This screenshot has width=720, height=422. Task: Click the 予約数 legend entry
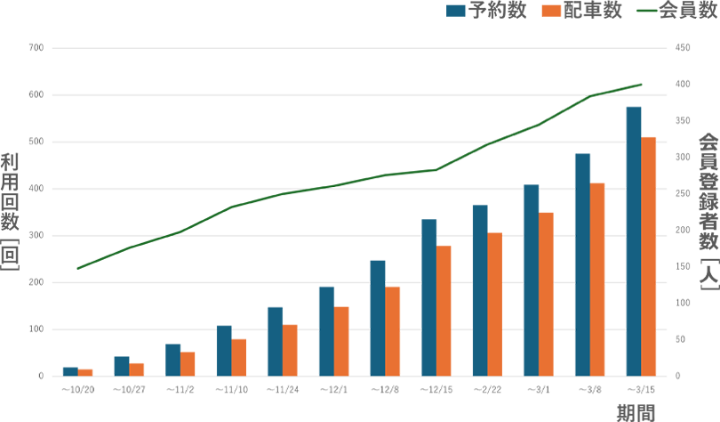(486, 12)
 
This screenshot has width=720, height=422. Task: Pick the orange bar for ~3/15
(649, 256)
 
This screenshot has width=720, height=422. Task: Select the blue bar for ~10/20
(69, 371)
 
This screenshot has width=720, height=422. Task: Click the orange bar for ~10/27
(136, 369)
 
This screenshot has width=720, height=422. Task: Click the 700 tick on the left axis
(36, 48)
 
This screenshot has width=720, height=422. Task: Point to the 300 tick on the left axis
(36, 236)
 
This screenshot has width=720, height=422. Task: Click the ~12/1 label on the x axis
(334, 389)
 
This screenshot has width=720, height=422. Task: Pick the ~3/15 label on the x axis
(641, 389)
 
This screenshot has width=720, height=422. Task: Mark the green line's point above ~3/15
(641, 85)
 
